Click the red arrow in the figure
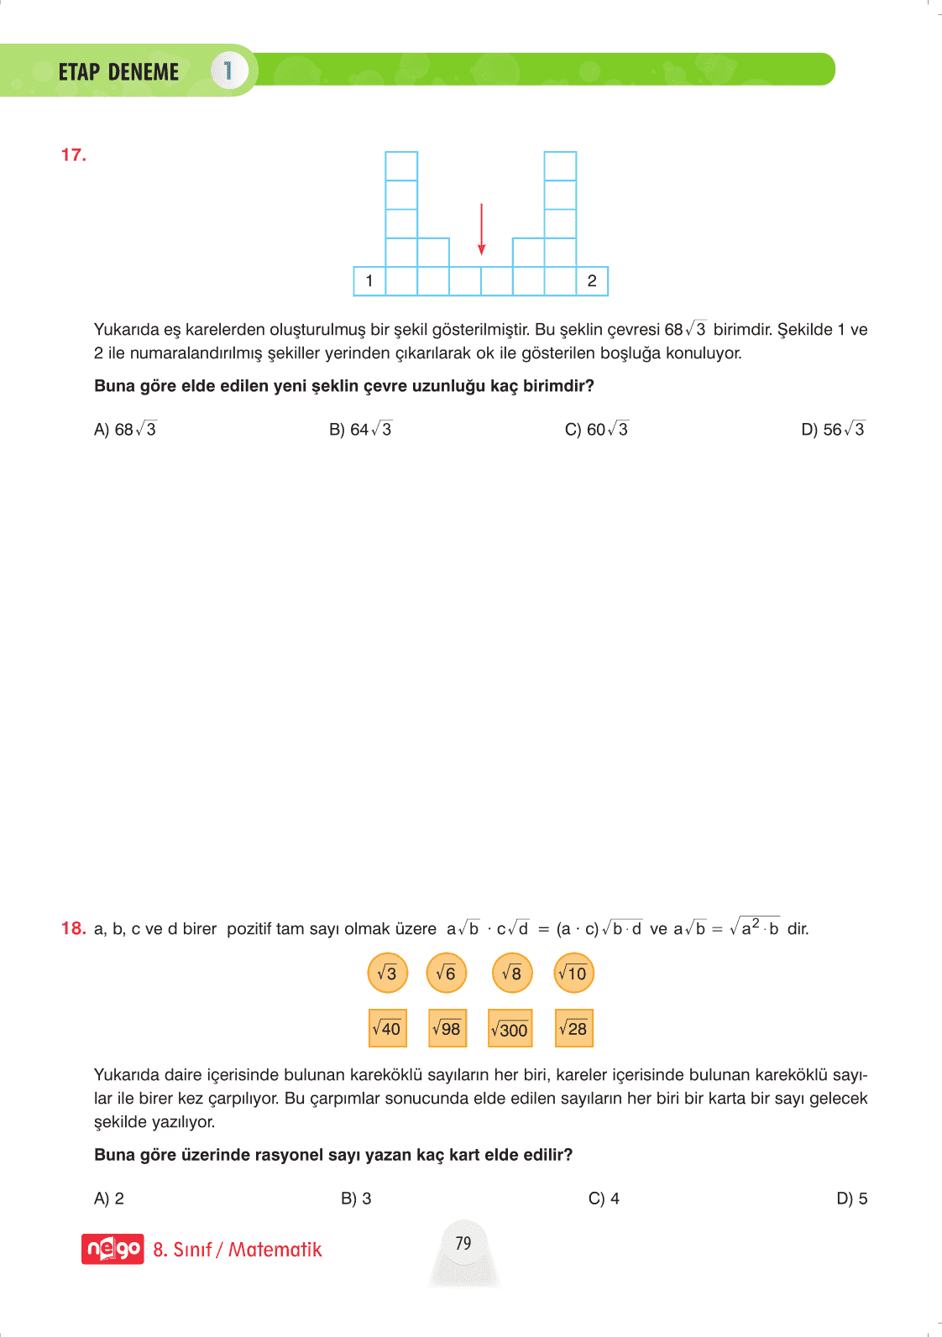(x=481, y=228)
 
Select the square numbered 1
(x=369, y=281)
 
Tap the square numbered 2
(x=592, y=281)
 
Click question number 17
(x=74, y=155)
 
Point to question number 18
(x=74, y=928)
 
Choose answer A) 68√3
(x=125, y=430)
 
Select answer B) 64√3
(x=360, y=430)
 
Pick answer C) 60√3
(x=596, y=430)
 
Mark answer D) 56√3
(x=832, y=430)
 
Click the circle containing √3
(x=387, y=973)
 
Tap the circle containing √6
(x=446, y=973)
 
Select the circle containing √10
(x=573, y=973)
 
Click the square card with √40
(x=387, y=1028)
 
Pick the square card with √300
(x=510, y=1029)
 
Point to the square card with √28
(x=573, y=1028)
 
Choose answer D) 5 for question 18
(x=851, y=1199)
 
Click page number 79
(x=463, y=1243)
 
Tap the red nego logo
(x=113, y=1249)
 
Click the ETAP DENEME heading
(x=118, y=72)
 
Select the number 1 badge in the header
(x=228, y=71)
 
